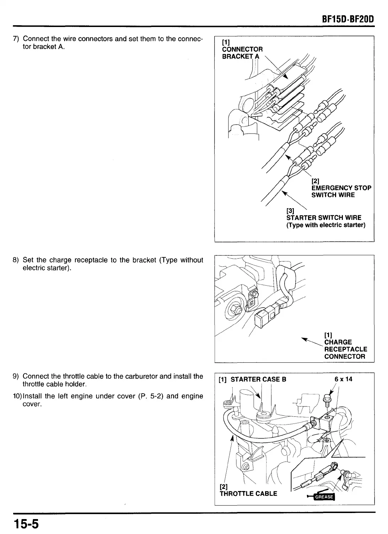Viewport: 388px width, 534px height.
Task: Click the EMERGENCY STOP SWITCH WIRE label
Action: pyautogui.click(x=341, y=191)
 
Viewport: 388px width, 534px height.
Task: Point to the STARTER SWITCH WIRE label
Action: pyautogui.click(x=324, y=217)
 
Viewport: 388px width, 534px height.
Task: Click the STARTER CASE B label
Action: pyautogui.click(x=258, y=379)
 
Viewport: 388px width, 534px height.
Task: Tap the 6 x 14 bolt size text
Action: pyautogui.click(x=343, y=379)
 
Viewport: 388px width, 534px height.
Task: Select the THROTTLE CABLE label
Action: pyautogui.click(x=248, y=493)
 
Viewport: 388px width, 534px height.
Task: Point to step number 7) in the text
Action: pyautogui.click(x=16, y=38)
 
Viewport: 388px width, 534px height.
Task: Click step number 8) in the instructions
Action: pyautogui.click(x=16, y=260)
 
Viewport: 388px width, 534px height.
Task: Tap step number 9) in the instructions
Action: pyautogui.click(x=16, y=376)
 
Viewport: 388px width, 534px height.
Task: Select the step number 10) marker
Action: pyautogui.click(x=17, y=396)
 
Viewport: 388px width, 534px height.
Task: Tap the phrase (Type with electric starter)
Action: pyautogui.click(x=326, y=225)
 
